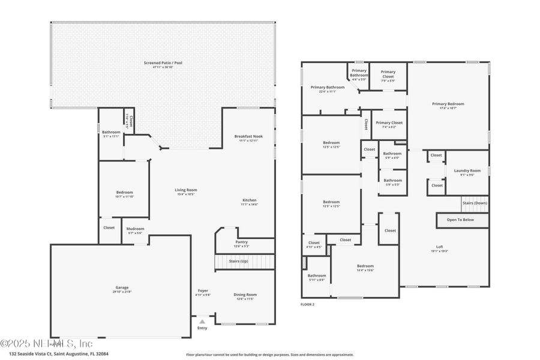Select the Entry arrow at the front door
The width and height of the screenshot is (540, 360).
pyautogui.click(x=202, y=322)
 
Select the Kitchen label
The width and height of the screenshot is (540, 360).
pyautogui.click(x=249, y=202)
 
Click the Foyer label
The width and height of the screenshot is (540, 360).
pyautogui.click(x=203, y=292)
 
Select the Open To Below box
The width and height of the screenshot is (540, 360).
pyautogui.click(x=460, y=220)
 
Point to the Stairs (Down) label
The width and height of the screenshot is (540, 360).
pyautogui.click(x=475, y=203)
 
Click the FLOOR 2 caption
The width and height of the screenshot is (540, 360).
pyautogui.click(x=307, y=305)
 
